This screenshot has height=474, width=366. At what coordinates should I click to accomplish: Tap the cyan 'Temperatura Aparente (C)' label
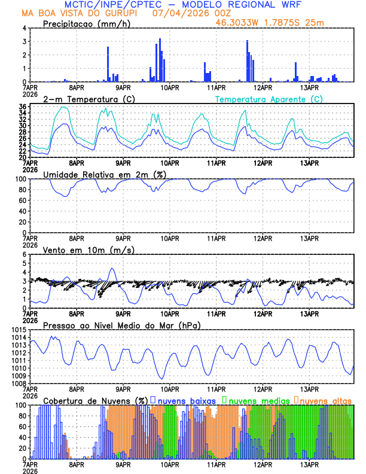[269, 99]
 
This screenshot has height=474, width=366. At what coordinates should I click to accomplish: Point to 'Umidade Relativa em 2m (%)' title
[105, 174]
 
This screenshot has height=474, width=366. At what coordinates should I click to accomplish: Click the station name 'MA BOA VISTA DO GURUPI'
[77, 13]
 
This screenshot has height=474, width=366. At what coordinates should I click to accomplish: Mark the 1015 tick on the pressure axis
[18, 330]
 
